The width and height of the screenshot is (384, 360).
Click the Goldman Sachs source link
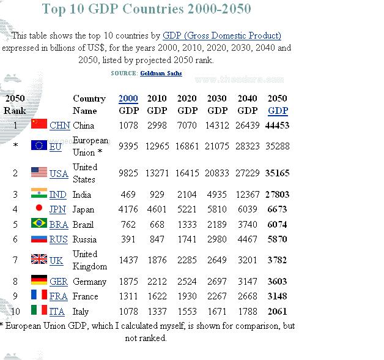[x=161, y=73]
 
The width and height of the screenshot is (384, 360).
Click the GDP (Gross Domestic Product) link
[x=222, y=36]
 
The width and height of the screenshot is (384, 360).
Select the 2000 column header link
[x=128, y=98]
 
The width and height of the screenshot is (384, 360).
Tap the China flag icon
[x=39, y=124]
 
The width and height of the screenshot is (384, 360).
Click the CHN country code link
[x=59, y=126]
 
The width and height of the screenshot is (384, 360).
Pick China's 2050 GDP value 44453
[x=277, y=126]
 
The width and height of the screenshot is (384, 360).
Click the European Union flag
[x=39, y=146]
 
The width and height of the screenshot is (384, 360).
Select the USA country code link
[x=59, y=173]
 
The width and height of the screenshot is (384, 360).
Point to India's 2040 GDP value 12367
[x=247, y=195]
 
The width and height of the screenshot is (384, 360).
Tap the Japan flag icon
[x=39, y=209]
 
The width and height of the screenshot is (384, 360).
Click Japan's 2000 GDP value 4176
[x=128, y=209]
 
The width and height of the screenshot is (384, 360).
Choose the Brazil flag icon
[x=39, y=223]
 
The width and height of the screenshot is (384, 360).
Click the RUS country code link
[x=59, y=239]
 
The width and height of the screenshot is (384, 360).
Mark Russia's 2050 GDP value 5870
[x=277, y=239]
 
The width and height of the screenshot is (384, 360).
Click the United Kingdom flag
[x=39, y=260]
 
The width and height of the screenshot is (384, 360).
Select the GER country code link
[x=59, y=282]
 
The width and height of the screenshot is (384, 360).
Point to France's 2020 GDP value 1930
[x=187, y=296]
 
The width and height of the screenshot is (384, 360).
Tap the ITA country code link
[x=57, y=312]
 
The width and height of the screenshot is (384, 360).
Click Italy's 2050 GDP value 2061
[x=277, y=312]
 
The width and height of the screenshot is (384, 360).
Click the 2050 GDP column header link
[x=278, y=111]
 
